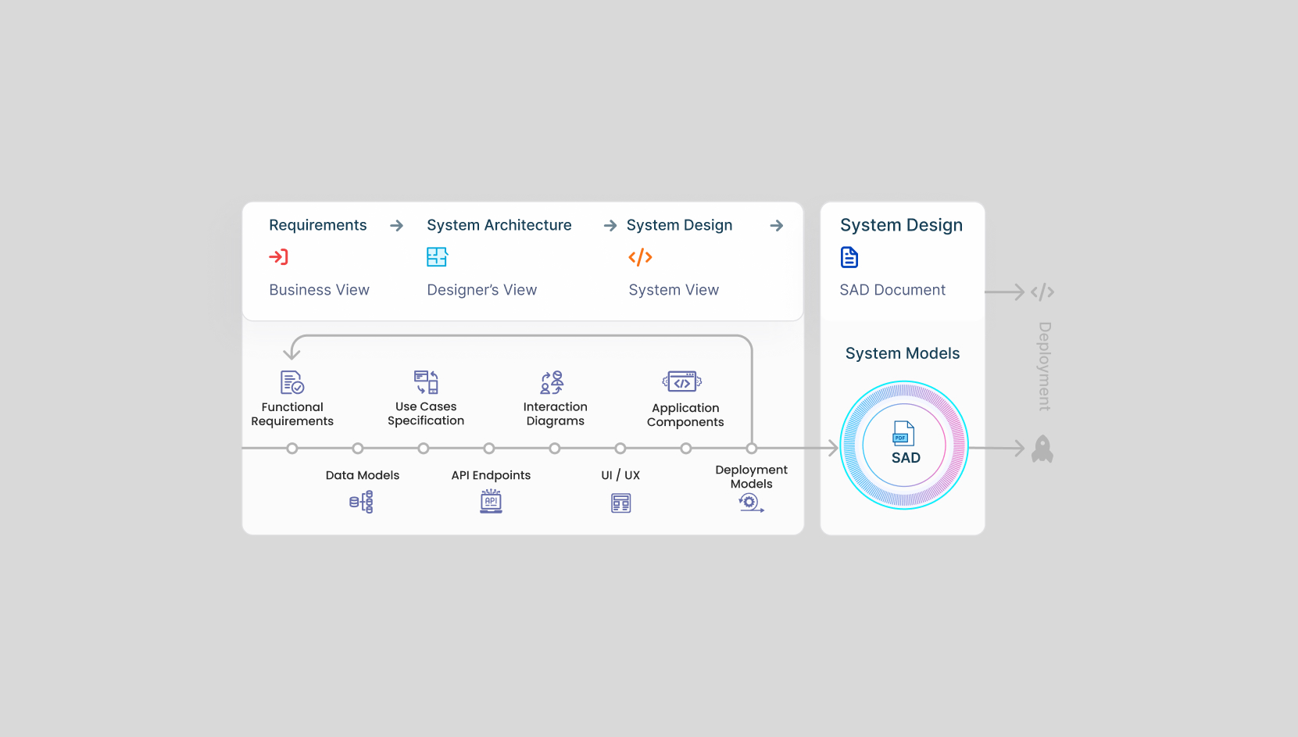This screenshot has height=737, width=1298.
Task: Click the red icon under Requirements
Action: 278,256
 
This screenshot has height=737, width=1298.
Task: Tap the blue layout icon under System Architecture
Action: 437,256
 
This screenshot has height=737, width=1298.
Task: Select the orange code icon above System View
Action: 640,257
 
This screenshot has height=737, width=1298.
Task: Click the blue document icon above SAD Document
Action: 849,257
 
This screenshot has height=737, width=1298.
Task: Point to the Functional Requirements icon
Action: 292,382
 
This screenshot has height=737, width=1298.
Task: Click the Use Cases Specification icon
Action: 426,382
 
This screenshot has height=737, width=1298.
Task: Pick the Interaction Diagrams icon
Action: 552,382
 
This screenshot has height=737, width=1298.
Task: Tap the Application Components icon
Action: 682,381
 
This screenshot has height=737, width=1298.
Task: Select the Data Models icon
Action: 361,502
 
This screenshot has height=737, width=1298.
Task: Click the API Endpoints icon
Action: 491,501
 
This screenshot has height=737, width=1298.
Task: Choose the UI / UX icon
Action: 620,503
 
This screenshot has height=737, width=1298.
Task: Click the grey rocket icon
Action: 1042,449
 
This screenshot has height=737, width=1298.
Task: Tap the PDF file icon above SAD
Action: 903,433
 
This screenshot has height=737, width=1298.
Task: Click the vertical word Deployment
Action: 1044,366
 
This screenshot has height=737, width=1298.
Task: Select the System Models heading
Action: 903,353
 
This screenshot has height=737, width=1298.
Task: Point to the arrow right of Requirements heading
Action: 397,226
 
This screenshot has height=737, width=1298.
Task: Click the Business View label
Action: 319,290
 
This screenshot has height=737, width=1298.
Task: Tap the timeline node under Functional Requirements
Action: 292,449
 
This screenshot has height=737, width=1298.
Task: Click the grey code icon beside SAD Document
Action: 1042,292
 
